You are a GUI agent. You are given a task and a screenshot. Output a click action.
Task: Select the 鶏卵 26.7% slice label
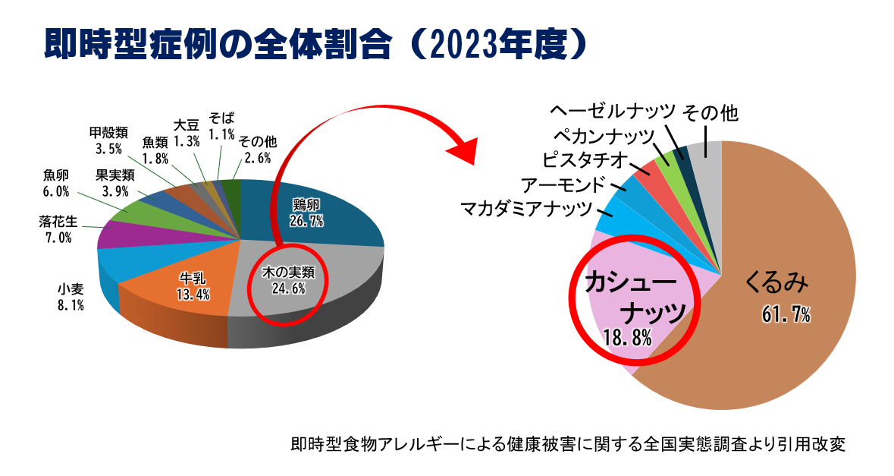click(306, 213)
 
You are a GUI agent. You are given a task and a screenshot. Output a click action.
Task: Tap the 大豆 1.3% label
click(186, 132)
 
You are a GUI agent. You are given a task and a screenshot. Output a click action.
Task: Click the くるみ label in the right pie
click(777, 282)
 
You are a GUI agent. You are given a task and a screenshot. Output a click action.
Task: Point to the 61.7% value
click(786, 314)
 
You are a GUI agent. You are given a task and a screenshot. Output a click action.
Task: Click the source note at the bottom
click(566, 444)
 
